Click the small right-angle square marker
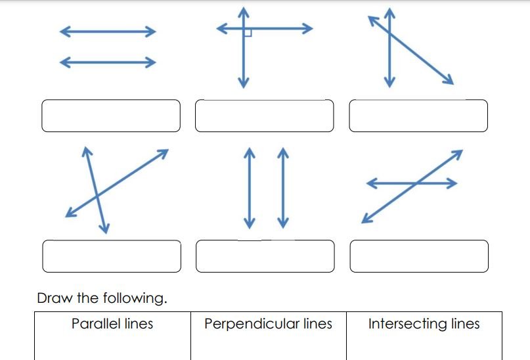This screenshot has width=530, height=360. (248, 33)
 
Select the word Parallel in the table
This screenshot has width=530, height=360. (96, 324)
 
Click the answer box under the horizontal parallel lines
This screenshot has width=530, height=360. (111, 116)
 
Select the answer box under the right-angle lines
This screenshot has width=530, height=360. (264, 116)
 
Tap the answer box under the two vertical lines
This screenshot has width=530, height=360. (265, 256)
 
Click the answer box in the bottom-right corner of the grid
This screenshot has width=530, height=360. (419, 256)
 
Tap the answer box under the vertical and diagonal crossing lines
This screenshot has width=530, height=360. (418, 116)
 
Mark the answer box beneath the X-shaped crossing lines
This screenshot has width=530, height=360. (112, 256)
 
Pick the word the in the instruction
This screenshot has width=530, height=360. (87, 298)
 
